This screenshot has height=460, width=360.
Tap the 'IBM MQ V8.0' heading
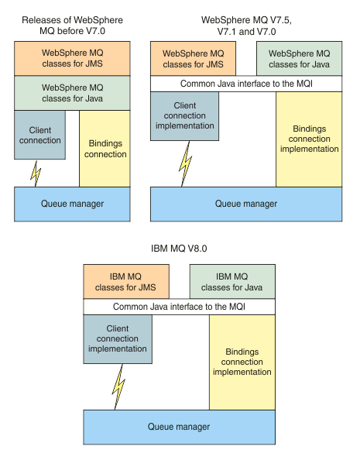click(180, 249)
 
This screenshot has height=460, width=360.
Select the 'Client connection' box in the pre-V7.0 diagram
click(39, 136)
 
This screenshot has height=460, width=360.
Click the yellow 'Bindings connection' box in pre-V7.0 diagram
click(104, 149)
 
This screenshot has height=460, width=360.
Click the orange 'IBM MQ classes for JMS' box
click(126, 281)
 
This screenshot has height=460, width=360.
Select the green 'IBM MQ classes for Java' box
click(232, 281)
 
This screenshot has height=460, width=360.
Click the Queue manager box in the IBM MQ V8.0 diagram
click(179, 427)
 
